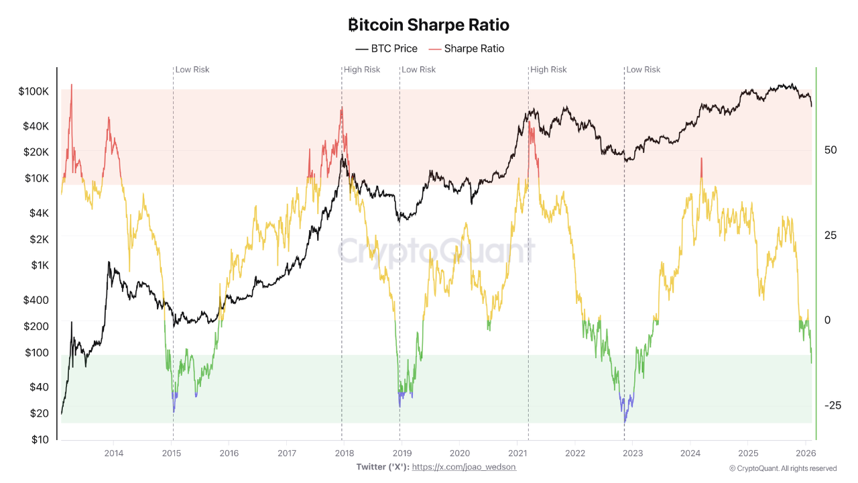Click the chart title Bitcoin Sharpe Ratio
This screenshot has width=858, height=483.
[x=429, y=25]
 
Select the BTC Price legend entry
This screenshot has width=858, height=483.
[x=386, y=49]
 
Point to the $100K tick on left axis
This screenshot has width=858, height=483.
[x=34, y=91]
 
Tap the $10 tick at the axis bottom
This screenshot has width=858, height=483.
[x=40, y=439]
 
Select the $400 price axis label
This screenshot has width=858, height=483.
[x=36, y=300]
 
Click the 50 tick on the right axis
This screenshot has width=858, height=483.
[x=831, y=150]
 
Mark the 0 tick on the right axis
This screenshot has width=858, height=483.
[x=827, y=320]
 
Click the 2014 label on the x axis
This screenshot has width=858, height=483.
[x=113, y=454]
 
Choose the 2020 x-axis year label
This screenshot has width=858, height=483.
[x=459, y=454]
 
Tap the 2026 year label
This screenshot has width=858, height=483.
[x=806, y=454]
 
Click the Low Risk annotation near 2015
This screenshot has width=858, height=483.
[x=192, y=70]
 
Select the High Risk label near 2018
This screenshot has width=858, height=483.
[x=362, y=70]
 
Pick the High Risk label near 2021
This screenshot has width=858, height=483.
[x=548, y=70]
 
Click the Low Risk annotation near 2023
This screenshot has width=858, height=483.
[x=643, y=70]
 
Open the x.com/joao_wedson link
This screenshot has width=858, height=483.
[x=464, y=467]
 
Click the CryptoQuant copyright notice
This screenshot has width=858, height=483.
[x=783, y=468]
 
